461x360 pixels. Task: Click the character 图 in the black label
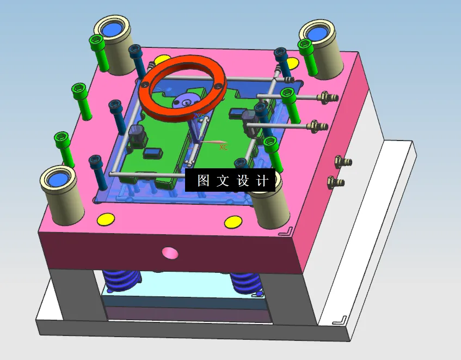tap(203, 181)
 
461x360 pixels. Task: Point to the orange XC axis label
tap(223, 147)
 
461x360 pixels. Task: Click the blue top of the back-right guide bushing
tap(317, 34)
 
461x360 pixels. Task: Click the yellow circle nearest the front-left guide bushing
tap(106, 219)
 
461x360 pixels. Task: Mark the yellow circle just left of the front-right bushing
tap(233, 222)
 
